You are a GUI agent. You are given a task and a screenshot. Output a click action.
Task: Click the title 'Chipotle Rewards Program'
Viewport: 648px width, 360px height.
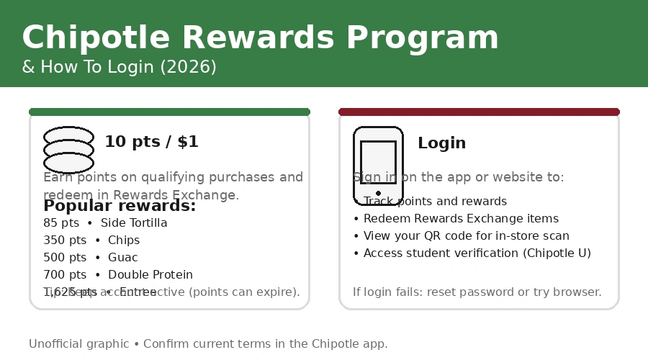pos(260,37)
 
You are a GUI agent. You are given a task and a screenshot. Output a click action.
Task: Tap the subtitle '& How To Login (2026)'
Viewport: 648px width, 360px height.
pos(119,67)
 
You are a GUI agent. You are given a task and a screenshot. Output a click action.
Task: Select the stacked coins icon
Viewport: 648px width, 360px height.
pos(68,150)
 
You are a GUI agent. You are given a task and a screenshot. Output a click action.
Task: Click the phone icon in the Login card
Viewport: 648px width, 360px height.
pos(378,166)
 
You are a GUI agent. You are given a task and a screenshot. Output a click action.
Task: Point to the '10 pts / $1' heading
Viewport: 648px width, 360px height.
pos(151,142)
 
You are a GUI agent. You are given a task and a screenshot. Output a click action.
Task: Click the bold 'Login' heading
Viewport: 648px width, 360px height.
pos(441,143)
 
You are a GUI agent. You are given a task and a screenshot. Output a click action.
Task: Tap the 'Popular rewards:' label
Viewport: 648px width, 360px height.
pos(120,206)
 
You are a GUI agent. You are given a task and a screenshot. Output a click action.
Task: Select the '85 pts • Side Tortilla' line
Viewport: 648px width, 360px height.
pos(105,223)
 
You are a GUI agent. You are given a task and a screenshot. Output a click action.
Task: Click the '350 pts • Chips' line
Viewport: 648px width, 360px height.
pos(91,240)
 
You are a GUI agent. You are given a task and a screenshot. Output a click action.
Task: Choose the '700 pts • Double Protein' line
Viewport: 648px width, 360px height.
pos(118,275)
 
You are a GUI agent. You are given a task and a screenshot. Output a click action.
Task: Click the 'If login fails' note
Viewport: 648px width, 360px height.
pos(477,292)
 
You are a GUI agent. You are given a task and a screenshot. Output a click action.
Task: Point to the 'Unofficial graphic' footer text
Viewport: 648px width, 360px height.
pos(208,344)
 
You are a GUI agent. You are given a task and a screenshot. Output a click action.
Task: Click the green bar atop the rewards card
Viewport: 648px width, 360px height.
pos(169,112)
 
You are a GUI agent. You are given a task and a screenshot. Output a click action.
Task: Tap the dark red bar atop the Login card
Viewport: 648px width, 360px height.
pos(479,112)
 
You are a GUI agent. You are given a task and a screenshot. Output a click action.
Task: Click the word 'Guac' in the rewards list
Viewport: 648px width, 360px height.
pos(122,258)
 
